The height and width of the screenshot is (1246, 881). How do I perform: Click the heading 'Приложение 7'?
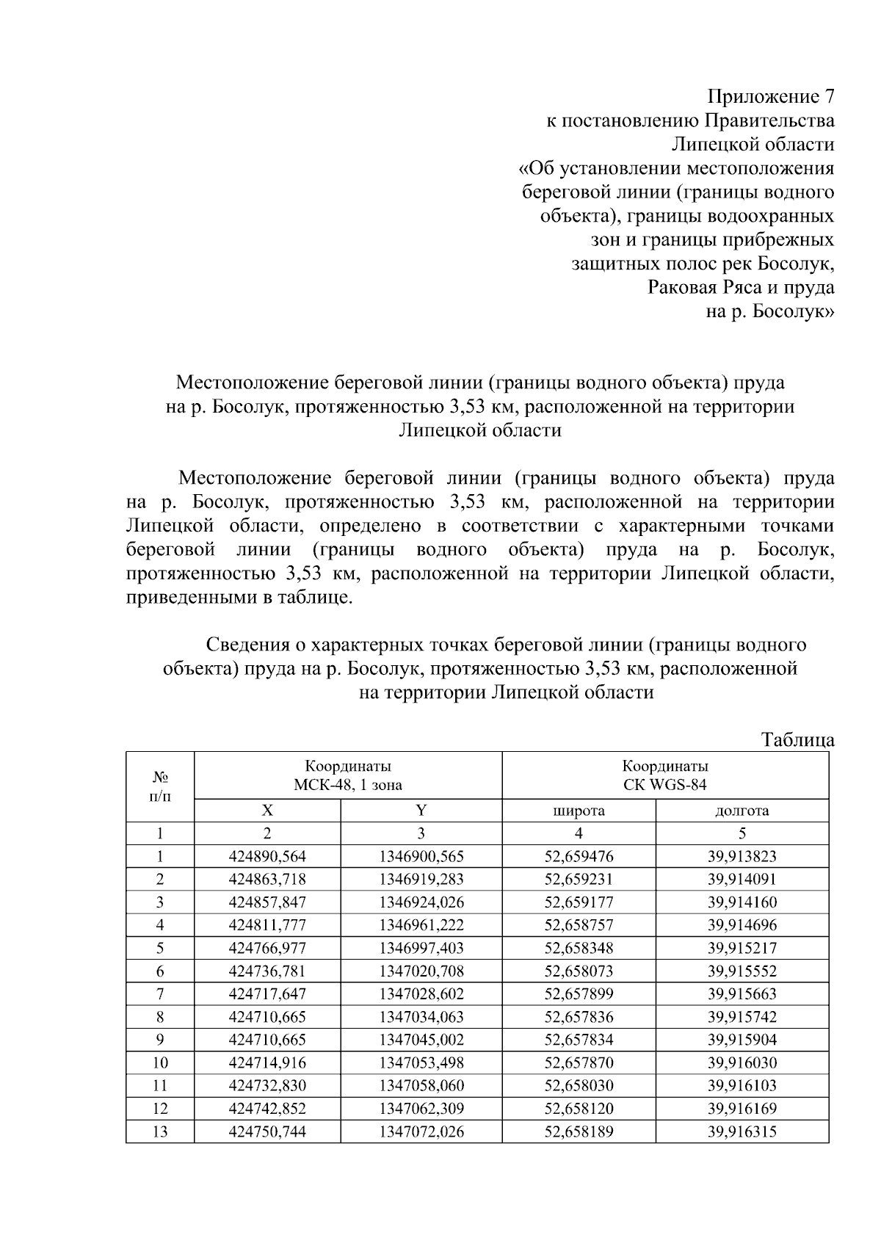coord(770,97)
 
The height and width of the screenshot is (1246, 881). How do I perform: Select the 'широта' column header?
coord(579,811)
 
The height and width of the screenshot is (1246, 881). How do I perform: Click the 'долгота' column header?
coord(742,811)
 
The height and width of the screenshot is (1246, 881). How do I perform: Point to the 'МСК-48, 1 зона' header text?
coord(348,785)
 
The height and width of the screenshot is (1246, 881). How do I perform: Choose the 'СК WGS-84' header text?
coord(664,785)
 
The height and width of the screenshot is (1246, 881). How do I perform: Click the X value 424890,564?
coord(267,856)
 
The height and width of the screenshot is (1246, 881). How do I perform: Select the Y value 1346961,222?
coord(421,925)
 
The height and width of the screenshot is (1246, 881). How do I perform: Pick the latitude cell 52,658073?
coord(579,971)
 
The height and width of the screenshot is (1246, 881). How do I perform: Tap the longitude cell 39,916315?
coord(742,1131)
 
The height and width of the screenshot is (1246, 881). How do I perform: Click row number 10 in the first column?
coord(159,1062)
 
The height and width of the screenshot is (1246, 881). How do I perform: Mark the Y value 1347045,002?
coord(421,1040)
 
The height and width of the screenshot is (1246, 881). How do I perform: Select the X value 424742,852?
coord(267,1109)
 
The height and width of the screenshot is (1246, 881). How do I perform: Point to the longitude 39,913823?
coord(742,856)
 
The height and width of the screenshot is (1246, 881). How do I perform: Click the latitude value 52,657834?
coord(579,1040)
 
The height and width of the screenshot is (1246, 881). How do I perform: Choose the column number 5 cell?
coord(742,833)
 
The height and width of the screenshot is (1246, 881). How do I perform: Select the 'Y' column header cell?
coord(421,811)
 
